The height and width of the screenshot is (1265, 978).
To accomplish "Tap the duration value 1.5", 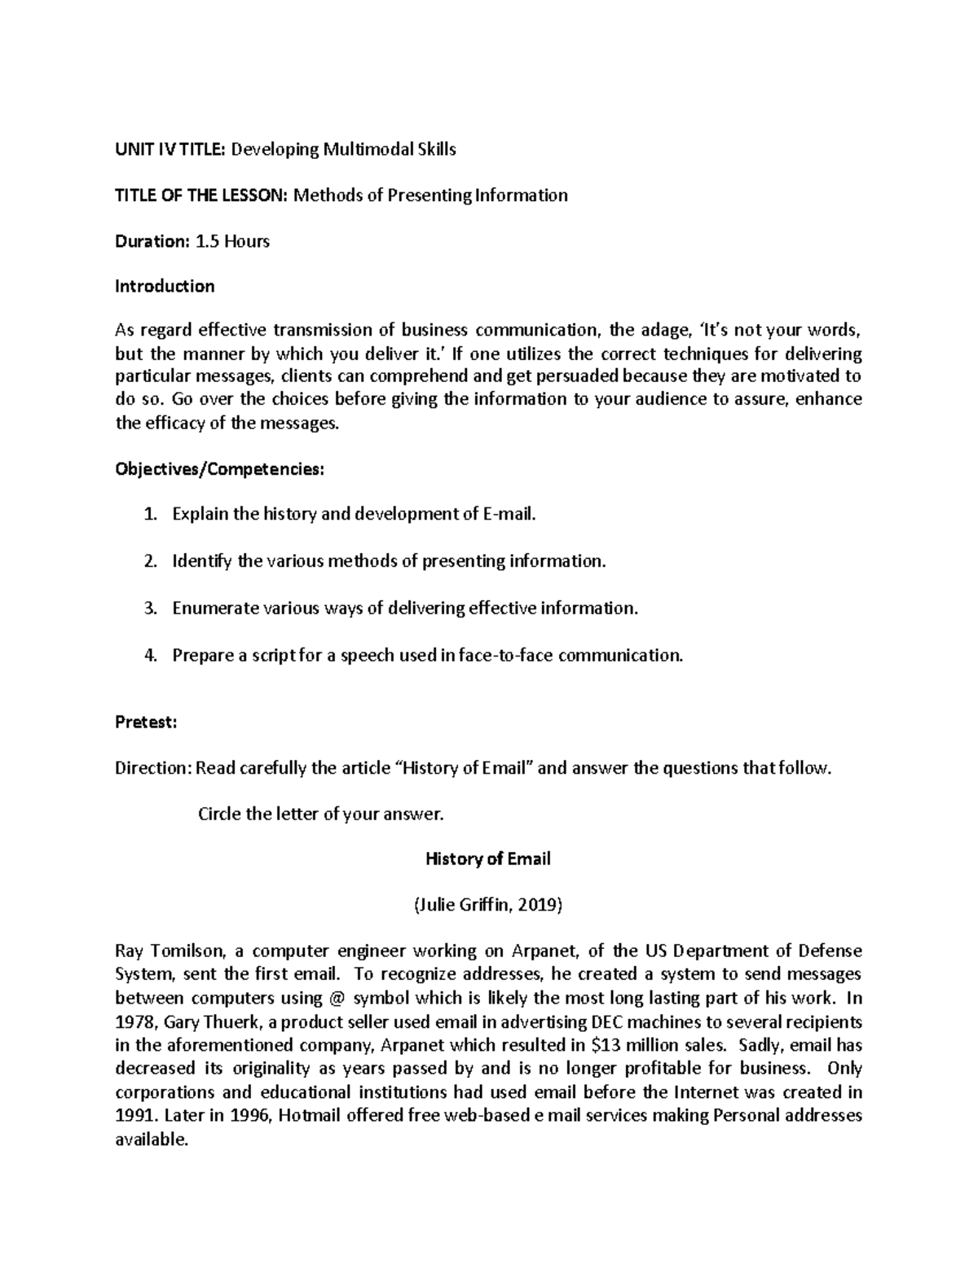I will coord(207,241).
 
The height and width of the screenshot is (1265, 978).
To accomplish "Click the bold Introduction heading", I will coord(165,286).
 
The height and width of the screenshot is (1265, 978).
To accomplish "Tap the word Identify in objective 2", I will coord(202,561).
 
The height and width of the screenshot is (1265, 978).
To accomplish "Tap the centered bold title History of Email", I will coord(488,859).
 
